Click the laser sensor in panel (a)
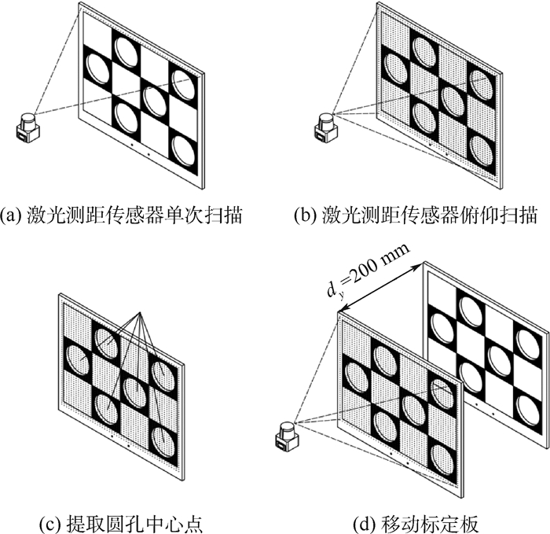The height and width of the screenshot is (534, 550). click(x=28, y=127)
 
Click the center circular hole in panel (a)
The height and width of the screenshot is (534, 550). click(x=152, y=99)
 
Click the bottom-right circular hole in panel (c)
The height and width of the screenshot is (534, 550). click(x=162, y=436)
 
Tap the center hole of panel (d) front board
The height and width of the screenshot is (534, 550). click(x=412, y=411)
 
